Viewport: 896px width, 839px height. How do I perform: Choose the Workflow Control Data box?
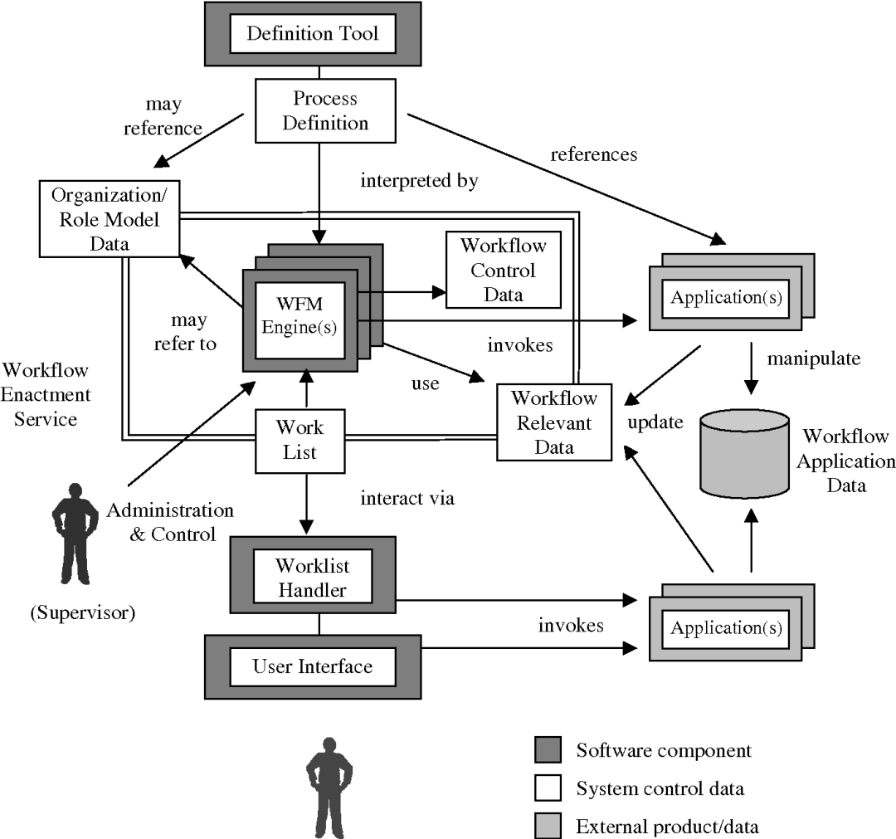click(x=504, y=270)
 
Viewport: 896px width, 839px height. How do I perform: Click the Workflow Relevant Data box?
click(x=553, y=422)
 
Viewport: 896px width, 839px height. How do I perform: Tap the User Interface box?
click(x=312, y=666)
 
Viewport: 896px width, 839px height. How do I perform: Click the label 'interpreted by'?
click(x=419, y=182)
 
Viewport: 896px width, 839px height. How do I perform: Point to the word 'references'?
click(x=593, y=154)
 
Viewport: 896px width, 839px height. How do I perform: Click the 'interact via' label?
click(x=408, y=499)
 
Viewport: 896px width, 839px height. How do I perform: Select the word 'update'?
click(x=655, y=422)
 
